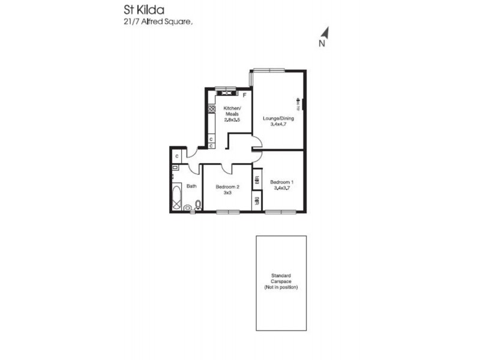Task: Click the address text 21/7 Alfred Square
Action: click(155, 22)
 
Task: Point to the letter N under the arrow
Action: click(322, 43)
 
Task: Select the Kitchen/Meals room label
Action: click(232, 112)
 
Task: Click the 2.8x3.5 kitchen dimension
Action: click(232, 120)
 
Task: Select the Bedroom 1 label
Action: click(281, 182)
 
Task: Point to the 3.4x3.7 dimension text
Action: click(281, 188)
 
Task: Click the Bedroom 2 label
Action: click(227, 187)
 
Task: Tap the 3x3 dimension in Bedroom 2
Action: click(227, 193)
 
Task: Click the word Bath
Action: click(191, 186)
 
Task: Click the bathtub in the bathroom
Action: click(176, 197)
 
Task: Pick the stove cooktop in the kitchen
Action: click(211, 109)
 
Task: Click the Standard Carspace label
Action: click(281, 280)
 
